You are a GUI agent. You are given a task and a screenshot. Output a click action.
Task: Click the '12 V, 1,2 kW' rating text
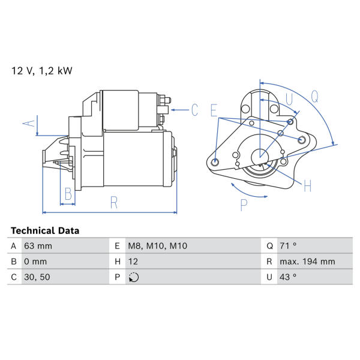coord(42,71)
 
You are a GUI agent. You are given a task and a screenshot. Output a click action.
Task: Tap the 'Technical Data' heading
coord(45,230)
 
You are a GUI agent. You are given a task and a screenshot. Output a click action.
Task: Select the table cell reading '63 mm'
coord(38,246)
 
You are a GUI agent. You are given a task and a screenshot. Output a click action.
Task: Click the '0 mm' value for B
coord(35,262)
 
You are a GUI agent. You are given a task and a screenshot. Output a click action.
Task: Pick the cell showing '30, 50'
coord(37,277)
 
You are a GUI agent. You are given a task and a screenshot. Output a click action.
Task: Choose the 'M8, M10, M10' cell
coord(157,246)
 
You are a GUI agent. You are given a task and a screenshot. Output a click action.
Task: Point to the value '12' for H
coord(133,262)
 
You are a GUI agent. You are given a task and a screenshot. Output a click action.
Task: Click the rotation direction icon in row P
coord(134,277)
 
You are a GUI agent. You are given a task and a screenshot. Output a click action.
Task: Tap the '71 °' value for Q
coord(288,246)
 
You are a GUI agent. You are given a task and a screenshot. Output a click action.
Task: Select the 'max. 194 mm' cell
coord(307,262)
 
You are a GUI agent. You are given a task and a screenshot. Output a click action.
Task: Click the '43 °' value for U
coord(288,277)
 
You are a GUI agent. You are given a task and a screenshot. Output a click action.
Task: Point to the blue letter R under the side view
coord(114,203)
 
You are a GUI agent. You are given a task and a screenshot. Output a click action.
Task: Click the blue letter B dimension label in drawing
coord(68,194)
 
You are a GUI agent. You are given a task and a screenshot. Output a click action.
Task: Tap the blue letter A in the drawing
coord(29,123)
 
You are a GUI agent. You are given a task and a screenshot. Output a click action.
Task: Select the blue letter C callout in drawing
coord(194,110)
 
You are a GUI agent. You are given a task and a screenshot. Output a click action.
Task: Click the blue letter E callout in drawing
coord(214,110)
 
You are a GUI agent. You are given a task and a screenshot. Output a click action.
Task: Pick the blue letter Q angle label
coord(315,97)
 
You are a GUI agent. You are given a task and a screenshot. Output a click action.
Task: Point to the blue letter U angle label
coord(289,100)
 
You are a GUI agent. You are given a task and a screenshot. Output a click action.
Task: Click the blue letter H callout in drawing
coord(307,186)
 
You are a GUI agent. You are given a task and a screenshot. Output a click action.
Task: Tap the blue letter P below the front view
coord(244,205)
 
